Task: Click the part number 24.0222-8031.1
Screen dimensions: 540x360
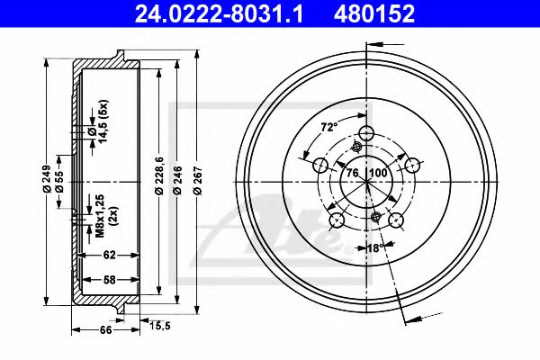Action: tap(219, 13)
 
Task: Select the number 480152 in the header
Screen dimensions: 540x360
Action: tap(374, 13)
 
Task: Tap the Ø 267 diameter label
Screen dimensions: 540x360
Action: tap(198, 181)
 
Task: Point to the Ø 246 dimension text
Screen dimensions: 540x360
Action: tap(177, 181)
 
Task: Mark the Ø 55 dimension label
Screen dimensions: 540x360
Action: tap(59, 181)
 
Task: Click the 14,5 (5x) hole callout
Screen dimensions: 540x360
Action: tap(103, 121)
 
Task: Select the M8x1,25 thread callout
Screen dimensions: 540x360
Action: tap(100, 216)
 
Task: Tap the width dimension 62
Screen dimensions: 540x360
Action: tap(110, 255)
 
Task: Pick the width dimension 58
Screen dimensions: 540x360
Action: tap(110, 279)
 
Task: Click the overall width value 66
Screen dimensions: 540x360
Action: tap(105, 329)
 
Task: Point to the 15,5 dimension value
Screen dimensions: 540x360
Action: tap(160, 325)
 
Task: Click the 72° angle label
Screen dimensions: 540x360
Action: tap(328, 128)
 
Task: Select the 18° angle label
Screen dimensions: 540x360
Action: tap(374, 247)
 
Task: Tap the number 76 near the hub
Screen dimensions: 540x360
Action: tap(352, 173)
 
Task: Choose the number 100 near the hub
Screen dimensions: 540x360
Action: tap(380, 173)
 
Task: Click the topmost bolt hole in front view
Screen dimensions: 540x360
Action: tap(366, 132)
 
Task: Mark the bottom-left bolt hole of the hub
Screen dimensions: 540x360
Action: tap(337, 220)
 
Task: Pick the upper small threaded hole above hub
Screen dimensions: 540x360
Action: tap(356, 148)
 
